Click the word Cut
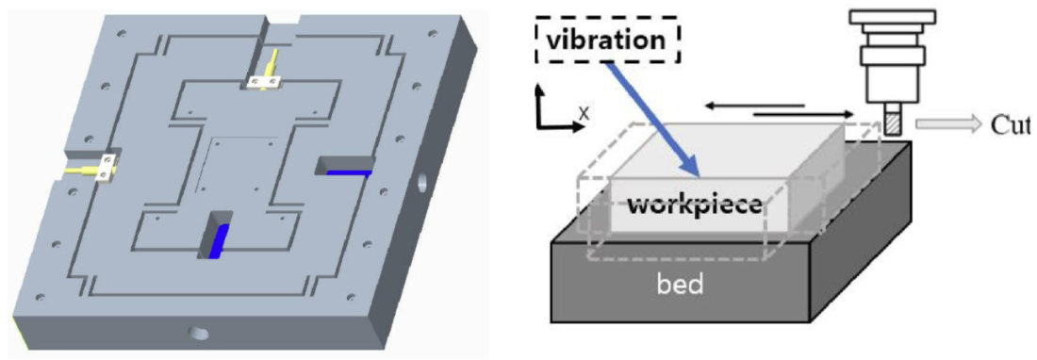click(x=1010, y=124)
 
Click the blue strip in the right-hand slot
click(x=348, y=172)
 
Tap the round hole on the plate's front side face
click(x=199, y=332)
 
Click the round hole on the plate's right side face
click(x=420, y=179)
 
